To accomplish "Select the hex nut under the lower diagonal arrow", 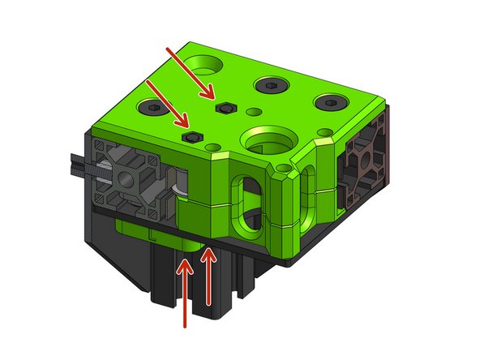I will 192,138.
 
